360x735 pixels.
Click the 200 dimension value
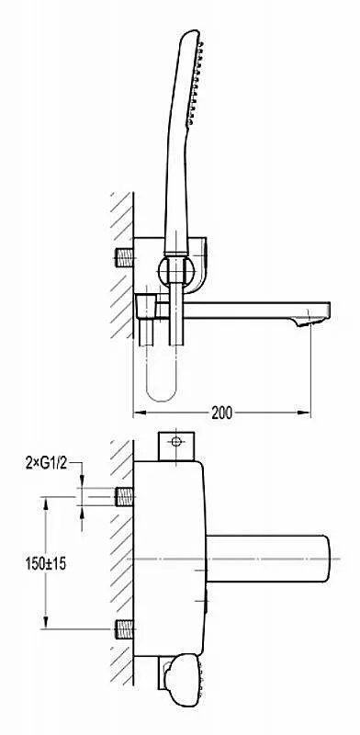(x=221, y=413)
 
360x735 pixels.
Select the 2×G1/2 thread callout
(x=47, y=464)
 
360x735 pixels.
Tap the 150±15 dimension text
(x=46, y=563)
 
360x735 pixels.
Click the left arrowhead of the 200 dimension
(x=139, y=413)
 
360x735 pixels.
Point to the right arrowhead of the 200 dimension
(x=305, y=413)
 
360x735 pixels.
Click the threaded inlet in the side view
(x=125, y=258)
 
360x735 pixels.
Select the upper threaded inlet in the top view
(x=125, y=497)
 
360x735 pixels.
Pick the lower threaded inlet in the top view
(x=125, y=629)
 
